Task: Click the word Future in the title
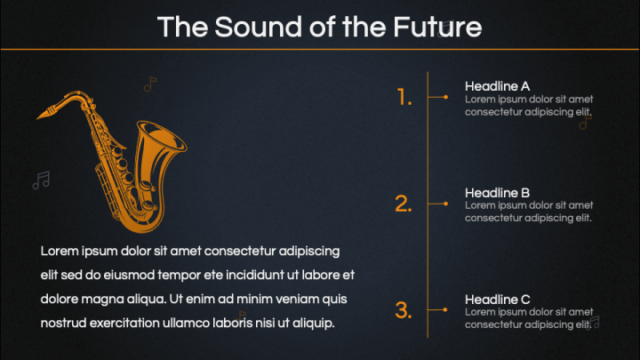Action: (437, 27)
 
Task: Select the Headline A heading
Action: (497, 86)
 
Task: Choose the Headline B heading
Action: (497, 192)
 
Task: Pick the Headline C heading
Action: (497, 299)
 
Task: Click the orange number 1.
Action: (404, 98)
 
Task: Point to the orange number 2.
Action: (404, 204)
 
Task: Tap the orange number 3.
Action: (404, 310)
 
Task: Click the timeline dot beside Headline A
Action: (444, 97)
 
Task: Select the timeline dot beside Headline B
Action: (444, 204)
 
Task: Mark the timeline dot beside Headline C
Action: (444, 309)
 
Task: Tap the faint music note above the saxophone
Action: (149, 84)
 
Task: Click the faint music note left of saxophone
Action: (41, 180)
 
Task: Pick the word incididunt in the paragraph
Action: (239, 275)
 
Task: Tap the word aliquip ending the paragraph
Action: (313, 322)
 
